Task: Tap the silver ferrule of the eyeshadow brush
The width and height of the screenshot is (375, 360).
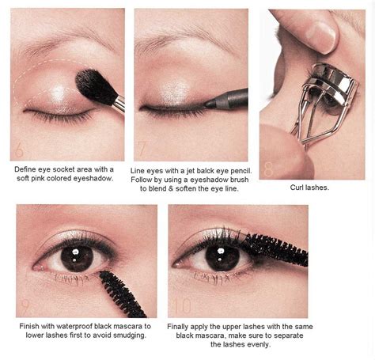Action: pos(119,102)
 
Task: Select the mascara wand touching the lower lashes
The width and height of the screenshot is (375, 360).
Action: pos(122,291)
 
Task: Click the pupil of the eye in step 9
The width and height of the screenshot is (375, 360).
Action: pos(75,258)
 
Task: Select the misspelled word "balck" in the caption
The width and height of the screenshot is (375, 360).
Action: pos(203,170)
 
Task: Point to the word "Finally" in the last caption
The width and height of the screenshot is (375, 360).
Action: pos(181,325)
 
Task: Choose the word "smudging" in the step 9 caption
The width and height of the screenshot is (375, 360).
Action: pos(127,335)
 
